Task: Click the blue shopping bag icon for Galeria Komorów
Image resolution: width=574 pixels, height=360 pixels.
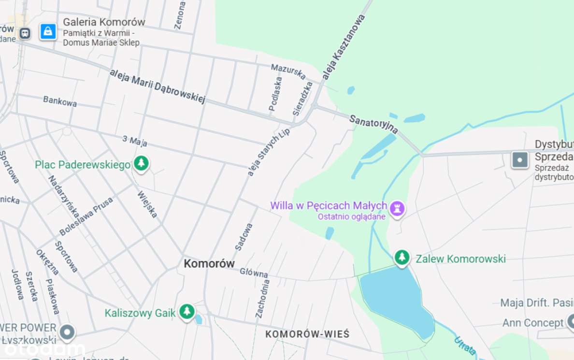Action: click(x=48, y=32)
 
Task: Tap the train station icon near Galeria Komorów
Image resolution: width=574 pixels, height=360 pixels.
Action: click(x=25, y=33)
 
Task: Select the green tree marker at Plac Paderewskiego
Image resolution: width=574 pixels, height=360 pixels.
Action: click(x=141, y=163)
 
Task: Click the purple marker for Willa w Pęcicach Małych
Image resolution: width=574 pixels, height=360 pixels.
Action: click(x=397, y=209)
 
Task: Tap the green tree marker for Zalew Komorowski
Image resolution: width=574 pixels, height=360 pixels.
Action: click(x=402, y=258)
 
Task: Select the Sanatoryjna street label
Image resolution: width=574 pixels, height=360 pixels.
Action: click(x=373, y=124)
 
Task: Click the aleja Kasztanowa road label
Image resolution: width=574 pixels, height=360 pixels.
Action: click(x=344, y=47)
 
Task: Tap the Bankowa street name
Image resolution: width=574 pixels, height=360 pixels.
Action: click(x=60, y=101)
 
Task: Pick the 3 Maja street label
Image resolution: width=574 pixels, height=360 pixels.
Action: click(x=135, y=141)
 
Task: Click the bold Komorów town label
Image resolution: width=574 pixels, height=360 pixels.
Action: click(x=209, y=263)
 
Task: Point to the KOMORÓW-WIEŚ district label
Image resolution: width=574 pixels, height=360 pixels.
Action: click(x=307, y=334)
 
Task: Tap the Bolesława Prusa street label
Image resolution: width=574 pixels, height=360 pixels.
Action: click(x=86, y=216)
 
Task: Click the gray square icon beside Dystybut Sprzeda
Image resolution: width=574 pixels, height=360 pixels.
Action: click(x=520, y=159)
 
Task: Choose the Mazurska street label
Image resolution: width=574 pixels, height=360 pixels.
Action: click(x=288, y=72)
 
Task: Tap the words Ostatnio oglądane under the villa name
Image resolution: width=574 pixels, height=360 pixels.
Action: click(x=351, y=216)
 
